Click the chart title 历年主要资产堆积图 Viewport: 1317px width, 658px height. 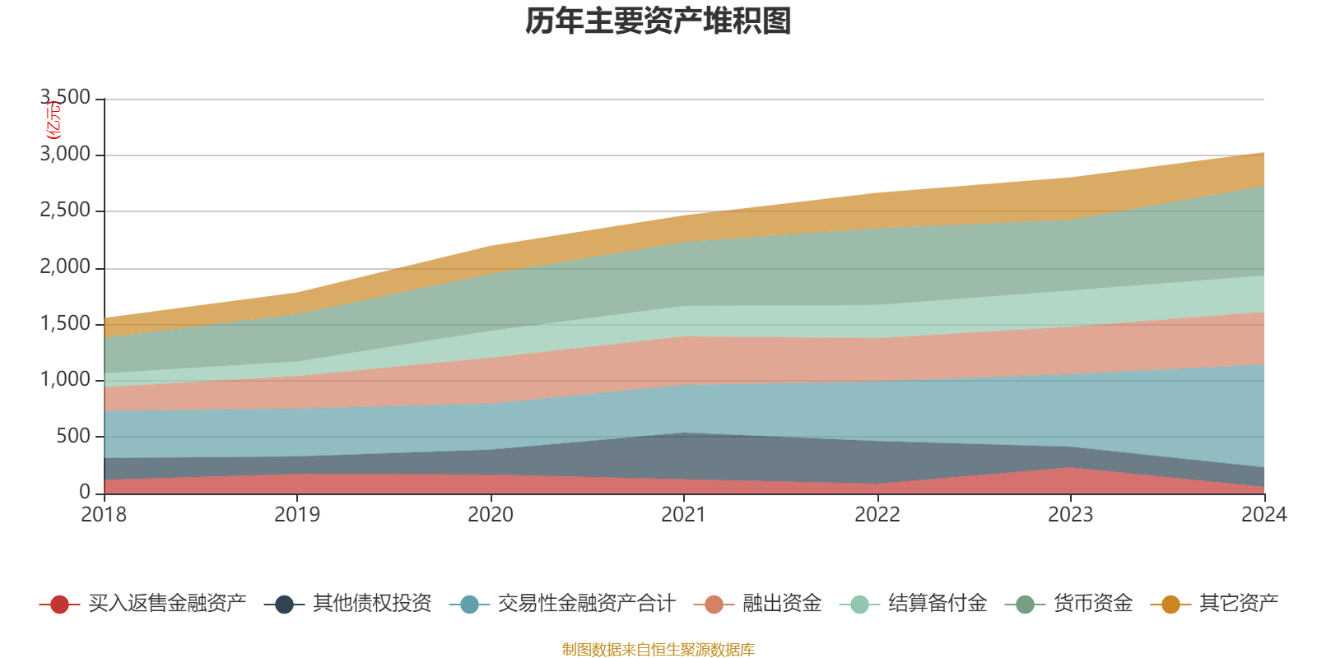pos(658,21)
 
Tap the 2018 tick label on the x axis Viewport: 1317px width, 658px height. pos(104,515)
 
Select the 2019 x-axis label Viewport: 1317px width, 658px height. pos(297,515)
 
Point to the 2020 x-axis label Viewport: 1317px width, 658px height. pos(491,515)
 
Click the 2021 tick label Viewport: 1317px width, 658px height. pos(684,515)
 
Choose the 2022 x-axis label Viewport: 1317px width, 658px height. pos(877,515)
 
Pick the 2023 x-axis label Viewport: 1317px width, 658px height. pos(1070,515)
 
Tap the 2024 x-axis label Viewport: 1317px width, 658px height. pos(1263,515)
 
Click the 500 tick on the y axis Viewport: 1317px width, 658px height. pos(73,436)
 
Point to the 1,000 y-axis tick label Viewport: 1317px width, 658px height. pos(65,380)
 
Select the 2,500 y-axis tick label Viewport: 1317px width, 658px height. pos(65,211)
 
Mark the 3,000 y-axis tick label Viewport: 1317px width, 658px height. pos(65,155)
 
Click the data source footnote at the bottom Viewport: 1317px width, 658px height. pos(658,650)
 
